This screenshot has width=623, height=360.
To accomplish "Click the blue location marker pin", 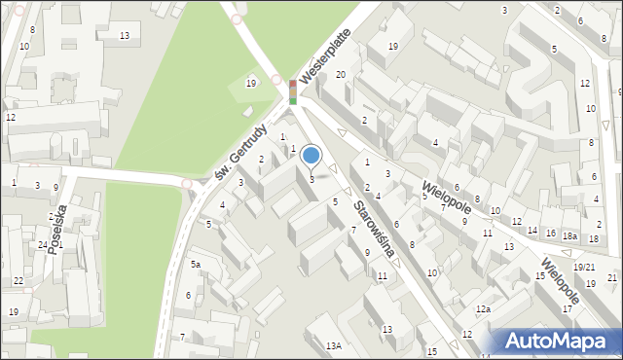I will click(311, 156).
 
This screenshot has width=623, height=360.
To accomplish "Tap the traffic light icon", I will click(292, 92).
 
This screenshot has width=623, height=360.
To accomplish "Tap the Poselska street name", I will click(59, 229).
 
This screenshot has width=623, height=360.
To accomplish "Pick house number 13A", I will click(334, 345).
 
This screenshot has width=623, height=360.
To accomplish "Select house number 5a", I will click(196, 265).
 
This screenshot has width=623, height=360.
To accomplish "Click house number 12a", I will click(483, 309).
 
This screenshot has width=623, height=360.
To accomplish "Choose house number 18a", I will click(569, 236).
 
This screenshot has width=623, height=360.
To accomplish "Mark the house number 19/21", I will click(584, 268).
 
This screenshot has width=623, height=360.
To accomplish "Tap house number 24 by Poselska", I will click(43, 245).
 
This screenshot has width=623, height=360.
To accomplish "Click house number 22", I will click(19, 281).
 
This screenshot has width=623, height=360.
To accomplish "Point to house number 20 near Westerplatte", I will click(341, 75).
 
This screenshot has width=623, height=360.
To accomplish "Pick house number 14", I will click(531, 231).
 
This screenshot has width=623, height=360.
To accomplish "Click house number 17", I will click(568, 308).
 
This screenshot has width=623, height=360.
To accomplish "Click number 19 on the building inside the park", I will click(251, 84).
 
